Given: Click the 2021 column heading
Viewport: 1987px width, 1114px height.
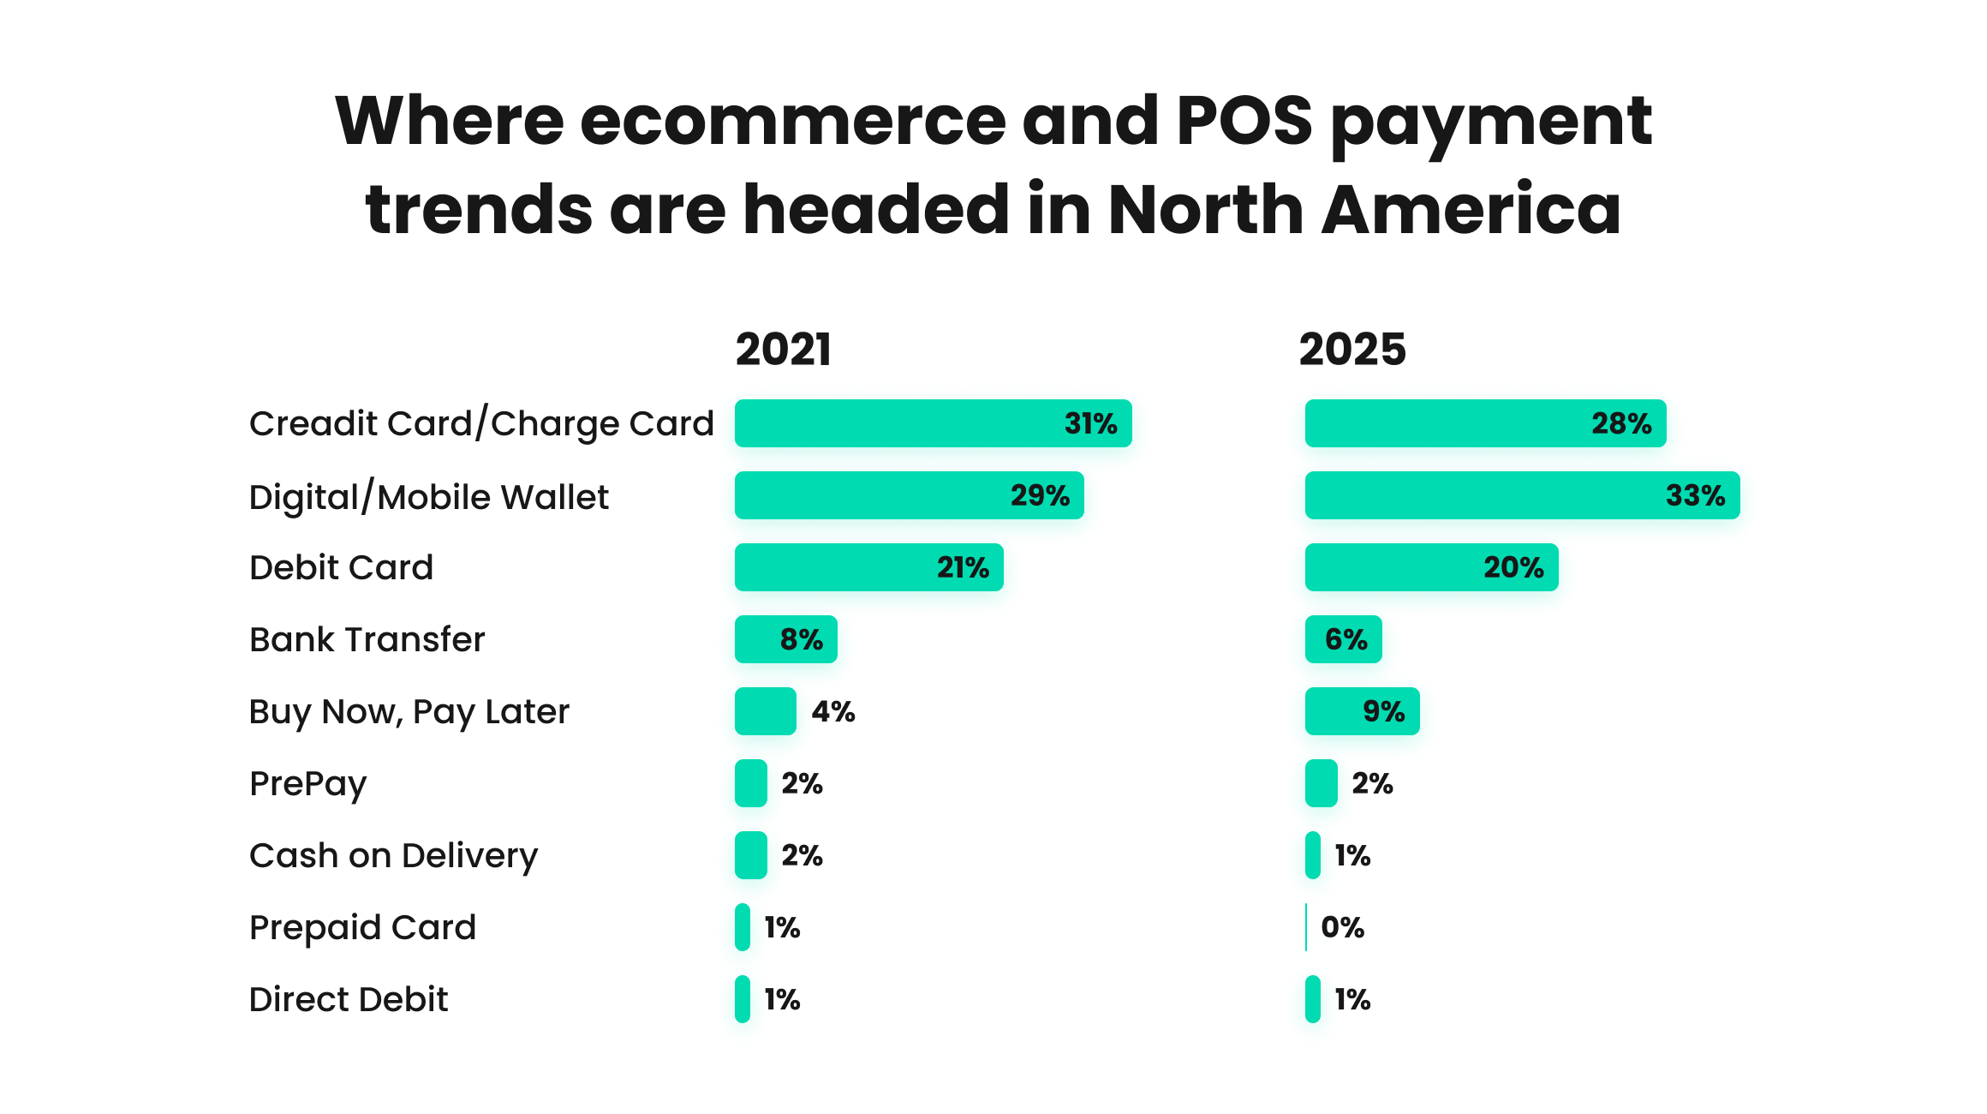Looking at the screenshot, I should (783, 350).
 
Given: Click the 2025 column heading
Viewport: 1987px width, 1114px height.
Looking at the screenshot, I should (1352, 350).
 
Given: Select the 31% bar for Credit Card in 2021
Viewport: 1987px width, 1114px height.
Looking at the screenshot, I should (932, 423).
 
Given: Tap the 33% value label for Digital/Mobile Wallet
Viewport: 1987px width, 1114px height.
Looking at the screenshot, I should (1694, 495).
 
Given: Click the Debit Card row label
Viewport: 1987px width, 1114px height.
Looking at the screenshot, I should (341, 567).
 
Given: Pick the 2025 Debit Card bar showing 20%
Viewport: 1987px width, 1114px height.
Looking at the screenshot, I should (1430, 567).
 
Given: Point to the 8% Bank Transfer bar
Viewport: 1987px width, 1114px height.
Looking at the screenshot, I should (785, 639).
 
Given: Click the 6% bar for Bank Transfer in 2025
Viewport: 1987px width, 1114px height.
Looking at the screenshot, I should (1343, 639).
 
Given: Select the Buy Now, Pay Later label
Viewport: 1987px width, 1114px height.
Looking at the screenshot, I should (409, 711).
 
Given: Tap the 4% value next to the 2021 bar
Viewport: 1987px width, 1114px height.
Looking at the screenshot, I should (832, 711).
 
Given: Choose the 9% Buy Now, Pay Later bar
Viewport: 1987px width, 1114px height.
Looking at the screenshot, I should (1362, 711).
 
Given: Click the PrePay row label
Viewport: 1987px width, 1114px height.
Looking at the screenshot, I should (307, 783).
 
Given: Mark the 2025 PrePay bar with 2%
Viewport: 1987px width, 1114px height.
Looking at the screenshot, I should (1321, 783).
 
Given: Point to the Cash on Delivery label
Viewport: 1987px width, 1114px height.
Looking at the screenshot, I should (393, 855).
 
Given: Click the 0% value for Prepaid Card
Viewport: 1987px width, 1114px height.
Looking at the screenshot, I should (1342, 927).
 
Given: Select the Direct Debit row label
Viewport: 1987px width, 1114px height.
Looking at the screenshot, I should (348, 999).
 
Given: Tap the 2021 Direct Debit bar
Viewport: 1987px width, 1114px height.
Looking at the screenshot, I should (743, 999).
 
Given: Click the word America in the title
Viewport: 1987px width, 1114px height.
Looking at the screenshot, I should (1471, 209).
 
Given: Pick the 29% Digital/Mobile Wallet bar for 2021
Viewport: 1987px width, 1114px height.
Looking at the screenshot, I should (908, 495).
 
